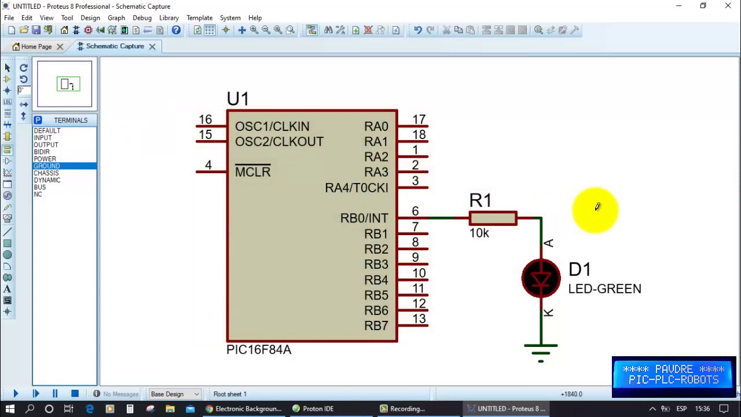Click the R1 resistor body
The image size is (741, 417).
tap(493, 218)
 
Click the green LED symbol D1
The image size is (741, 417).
tap(541, 279)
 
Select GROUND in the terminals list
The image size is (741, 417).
tap(47, 166)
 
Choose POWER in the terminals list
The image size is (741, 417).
tap(45, 159)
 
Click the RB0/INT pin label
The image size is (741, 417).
tap(364, 218)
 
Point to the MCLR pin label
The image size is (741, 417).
tap(252, 172)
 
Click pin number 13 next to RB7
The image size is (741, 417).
tap(419, 319)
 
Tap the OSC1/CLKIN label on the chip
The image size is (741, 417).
tap(272, 126)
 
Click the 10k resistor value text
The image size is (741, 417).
tap(479, 233)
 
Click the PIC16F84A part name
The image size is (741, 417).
tap(259, 350)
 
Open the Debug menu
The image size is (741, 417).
tap(142, 18)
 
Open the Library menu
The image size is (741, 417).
tap(169, 18)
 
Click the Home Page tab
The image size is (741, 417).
tap(36, 46)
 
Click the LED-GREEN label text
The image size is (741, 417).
tap(604, 288)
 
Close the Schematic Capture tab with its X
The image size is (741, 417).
tap(152, 46)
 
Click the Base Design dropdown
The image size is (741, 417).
tap(174, 394)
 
